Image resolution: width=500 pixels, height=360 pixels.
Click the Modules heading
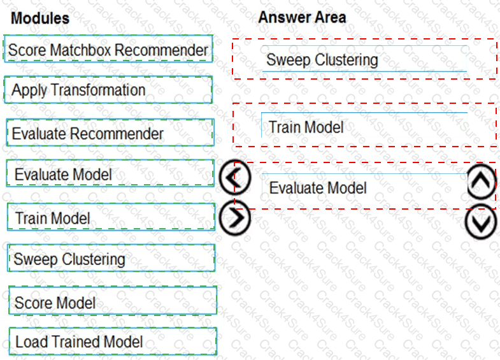[40, 18]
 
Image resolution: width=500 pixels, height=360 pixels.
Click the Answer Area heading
[302, 17]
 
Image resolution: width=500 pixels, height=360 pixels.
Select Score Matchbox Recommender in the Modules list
[108, 50]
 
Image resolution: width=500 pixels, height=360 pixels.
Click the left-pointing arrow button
[234, 179]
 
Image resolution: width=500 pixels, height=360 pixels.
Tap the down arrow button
[482, 222]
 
